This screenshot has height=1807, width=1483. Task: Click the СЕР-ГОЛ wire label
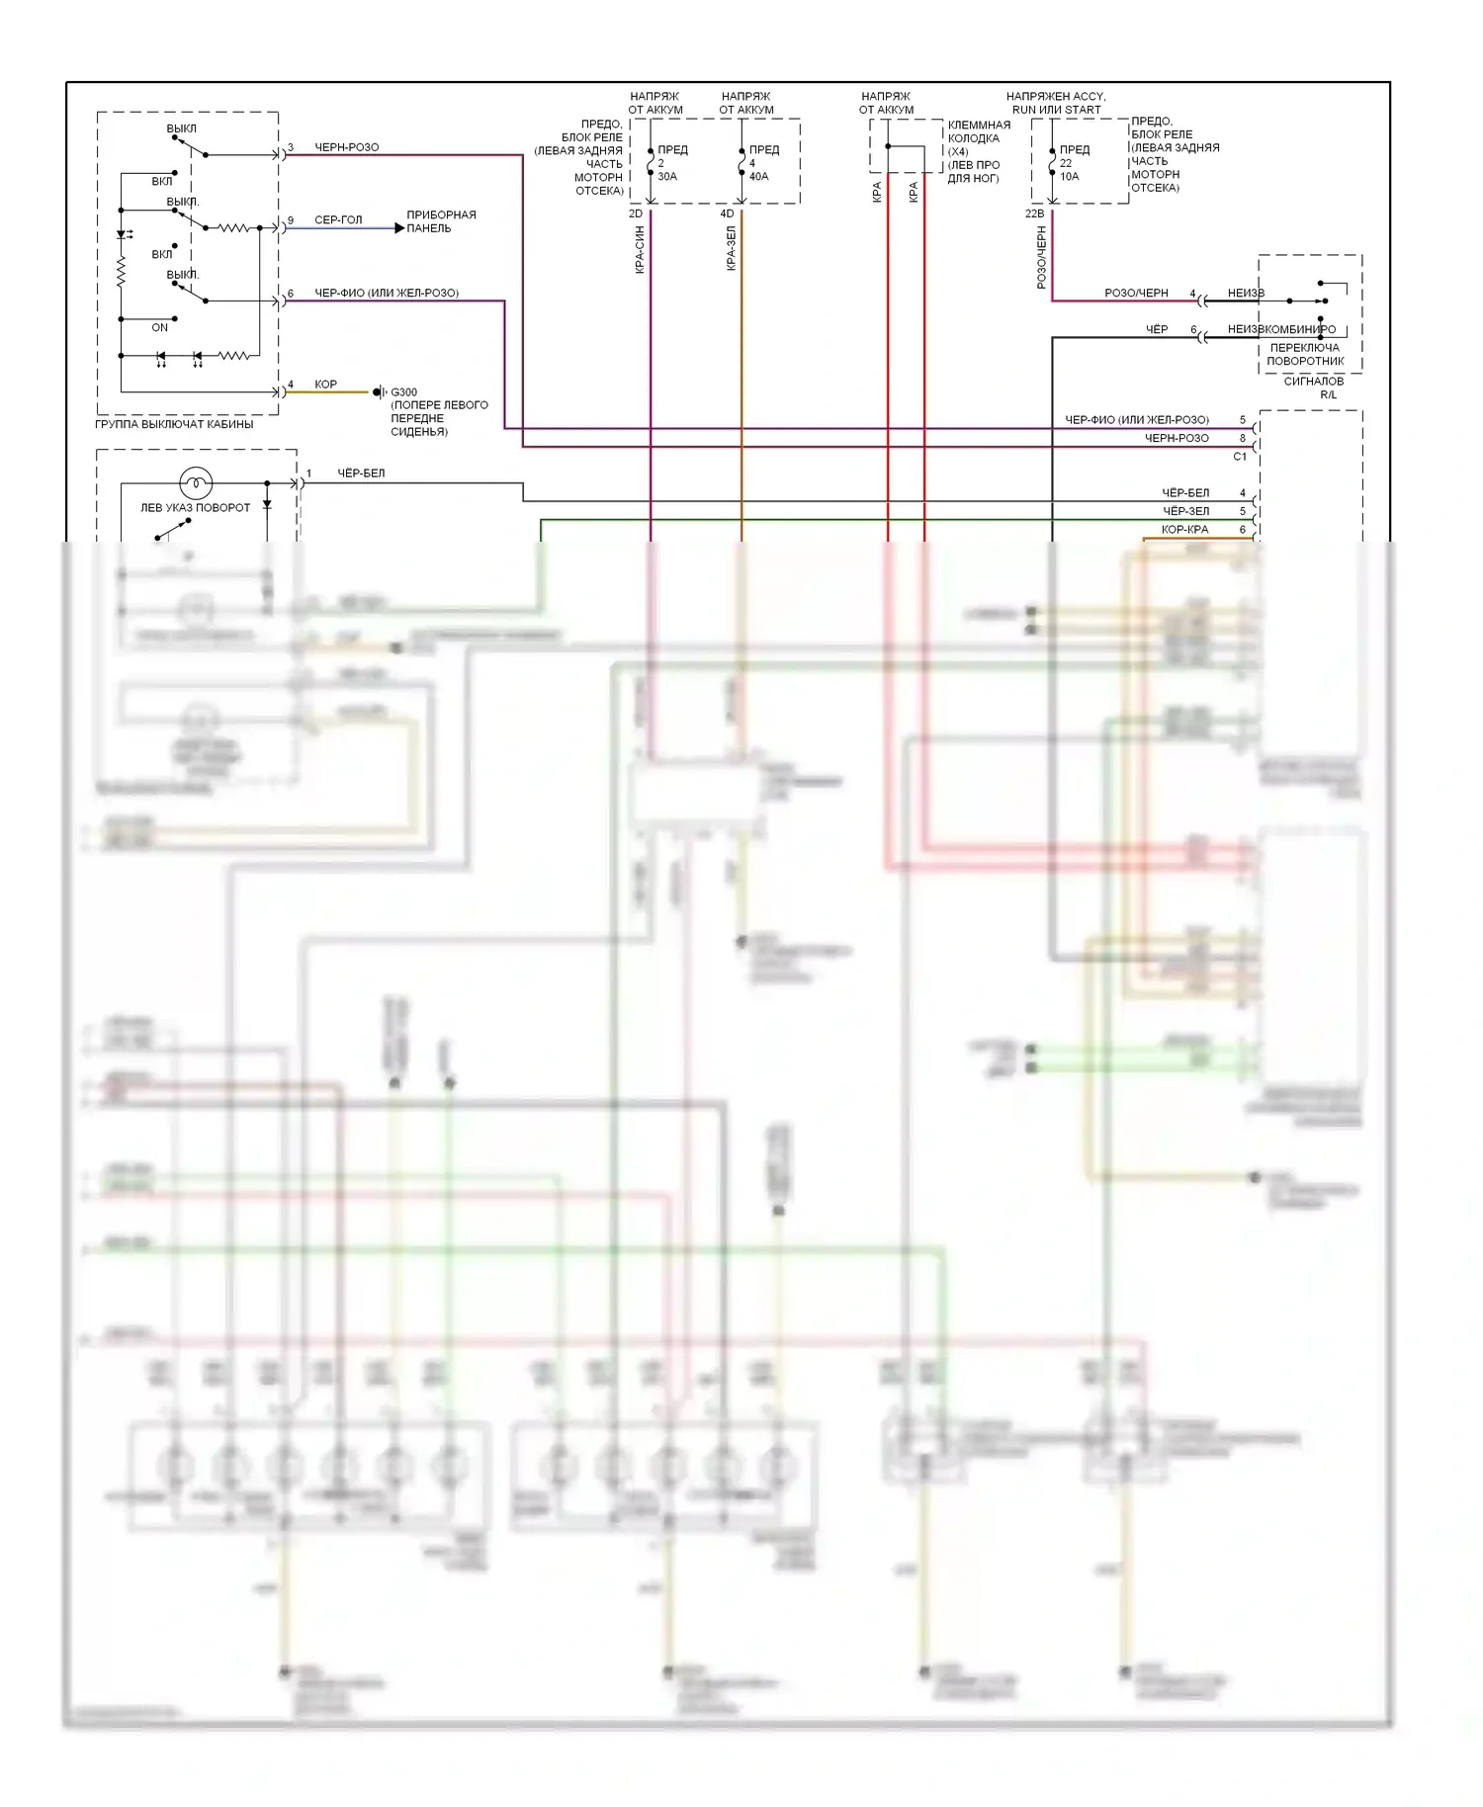(338, 219)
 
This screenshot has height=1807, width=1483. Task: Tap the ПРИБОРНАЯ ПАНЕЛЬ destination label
(440, 221)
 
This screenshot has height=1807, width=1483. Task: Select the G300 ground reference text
(403, 392)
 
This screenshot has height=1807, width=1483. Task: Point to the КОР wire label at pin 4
(325, 385)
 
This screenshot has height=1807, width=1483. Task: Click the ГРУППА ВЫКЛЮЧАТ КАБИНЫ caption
(174, 424)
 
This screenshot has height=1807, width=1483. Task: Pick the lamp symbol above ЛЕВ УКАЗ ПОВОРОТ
(196, 483)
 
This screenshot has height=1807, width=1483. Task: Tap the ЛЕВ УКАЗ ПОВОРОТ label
(195, 508)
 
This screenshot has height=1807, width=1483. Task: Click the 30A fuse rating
(667, 177)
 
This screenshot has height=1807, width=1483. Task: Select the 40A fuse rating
(758, 177)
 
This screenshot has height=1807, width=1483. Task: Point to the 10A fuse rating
(1069, 177)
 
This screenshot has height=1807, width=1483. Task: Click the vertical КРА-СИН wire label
(640, 249)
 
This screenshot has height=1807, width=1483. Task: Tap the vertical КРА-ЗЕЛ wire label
(731, 248)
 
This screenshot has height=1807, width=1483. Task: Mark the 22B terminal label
(1034, 214)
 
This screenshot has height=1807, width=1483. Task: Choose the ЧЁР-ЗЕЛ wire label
(1185, 511)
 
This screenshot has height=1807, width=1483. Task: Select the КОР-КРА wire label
(1184, 530)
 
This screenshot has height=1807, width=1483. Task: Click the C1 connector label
(1240, 457)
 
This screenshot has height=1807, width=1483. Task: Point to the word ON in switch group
(160, 327)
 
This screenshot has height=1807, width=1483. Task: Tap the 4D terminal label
(727, 214)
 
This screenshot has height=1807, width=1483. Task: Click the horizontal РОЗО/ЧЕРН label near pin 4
(1136, 294)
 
